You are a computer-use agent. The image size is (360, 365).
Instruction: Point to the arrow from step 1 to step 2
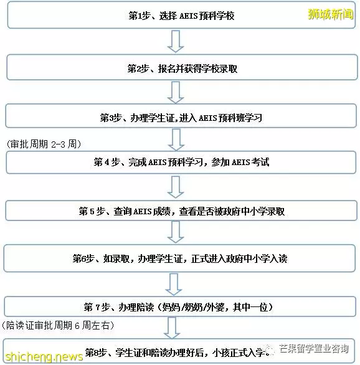pyautogui.click(x=176, y=42)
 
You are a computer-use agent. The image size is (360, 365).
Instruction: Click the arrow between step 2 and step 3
pyautogui.click(x=176, y=92)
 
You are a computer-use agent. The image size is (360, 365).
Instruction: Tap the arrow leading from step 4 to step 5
pyautogui.click(x=176, y=187)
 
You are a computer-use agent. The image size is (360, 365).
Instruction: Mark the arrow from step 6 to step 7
pyautogui.click(x=174, y=284)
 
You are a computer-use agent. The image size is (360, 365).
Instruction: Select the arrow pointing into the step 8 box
pyautogui.click(x=172, y=328)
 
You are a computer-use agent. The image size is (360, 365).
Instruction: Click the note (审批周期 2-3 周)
pyautogui.click(x=44, y=144)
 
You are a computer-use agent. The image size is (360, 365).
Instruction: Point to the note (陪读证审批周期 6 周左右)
pyautogui.click(x=58, y=325)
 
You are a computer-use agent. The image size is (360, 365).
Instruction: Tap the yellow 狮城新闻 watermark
pyautogui.click(x=331, y=14)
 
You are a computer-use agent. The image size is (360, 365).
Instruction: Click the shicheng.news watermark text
pyautogui.click(x=44, y=356)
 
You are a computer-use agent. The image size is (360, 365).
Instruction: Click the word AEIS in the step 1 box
pyautogui.click(x=188, y=16)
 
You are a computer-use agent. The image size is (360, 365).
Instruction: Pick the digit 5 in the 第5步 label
pyautogui.click(x=92, y=211)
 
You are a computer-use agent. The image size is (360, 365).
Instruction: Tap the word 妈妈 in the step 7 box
pyautogui.click(x=171, y=307)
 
